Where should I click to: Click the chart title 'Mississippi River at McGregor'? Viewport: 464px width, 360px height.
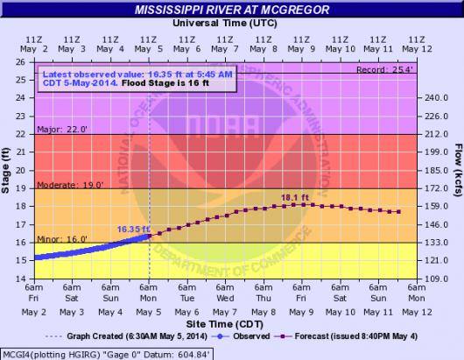232,10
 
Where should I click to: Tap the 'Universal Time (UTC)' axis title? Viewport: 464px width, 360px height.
225,23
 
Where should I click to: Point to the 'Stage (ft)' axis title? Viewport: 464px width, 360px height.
5,171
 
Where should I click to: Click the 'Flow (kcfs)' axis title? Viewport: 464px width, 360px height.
459,170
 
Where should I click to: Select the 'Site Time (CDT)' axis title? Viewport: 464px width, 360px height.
225,324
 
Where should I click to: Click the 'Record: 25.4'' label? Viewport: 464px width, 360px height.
384,70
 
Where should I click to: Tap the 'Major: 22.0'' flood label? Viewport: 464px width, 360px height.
62,130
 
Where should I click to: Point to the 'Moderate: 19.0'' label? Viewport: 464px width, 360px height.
70,185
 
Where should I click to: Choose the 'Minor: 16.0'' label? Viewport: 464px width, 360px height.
62,239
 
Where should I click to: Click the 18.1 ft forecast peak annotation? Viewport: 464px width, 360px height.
295,197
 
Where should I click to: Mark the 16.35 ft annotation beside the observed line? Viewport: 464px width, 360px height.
133,229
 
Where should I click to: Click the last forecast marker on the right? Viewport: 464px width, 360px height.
399,212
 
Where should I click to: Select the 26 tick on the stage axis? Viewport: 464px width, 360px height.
21,62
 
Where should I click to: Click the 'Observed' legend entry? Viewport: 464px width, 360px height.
240,336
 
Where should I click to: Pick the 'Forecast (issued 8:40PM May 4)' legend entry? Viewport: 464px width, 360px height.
346,336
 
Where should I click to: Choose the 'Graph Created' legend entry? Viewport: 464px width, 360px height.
126,336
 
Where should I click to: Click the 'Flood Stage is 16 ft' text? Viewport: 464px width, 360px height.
165,83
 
